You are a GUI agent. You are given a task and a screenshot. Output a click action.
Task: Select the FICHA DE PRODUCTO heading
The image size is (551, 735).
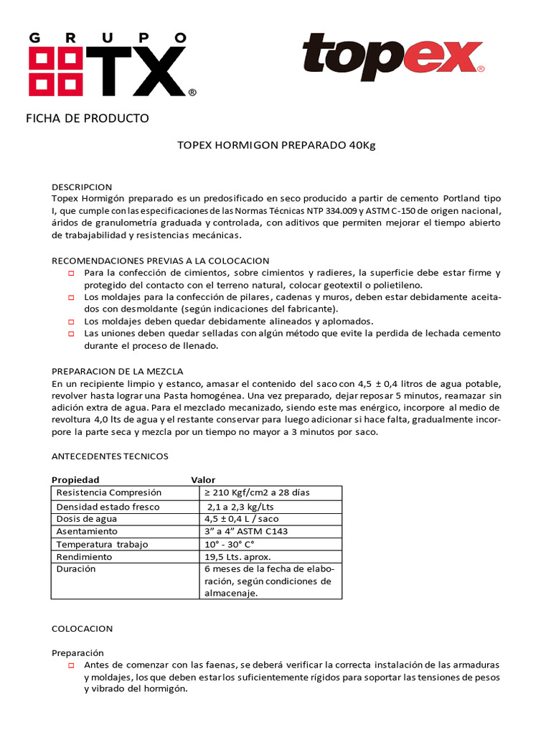click(x=88, y=118)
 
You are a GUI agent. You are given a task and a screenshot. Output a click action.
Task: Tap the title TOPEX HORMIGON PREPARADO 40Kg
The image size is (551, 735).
click(x=276, y=145)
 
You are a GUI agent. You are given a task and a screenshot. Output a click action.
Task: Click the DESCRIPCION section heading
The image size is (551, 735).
click(x=82, y=187)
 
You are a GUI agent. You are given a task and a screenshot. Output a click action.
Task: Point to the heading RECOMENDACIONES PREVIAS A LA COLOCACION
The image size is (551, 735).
click(x=161, y=260)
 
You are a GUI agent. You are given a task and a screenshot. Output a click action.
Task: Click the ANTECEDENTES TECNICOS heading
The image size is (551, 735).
click(x=110, y=456)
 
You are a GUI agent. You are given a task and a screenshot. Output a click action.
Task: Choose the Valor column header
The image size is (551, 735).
click(x=203, y=479)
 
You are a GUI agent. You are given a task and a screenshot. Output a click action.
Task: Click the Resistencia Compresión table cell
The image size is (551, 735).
click(x=109, y=492)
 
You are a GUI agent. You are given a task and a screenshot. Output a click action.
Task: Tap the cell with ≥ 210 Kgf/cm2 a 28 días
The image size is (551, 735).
click(x=258, y=492)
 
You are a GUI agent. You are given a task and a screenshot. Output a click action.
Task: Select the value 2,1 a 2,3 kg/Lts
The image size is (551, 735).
click(x=246, y=506)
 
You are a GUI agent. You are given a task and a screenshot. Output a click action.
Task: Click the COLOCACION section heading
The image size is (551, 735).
click(x=83, y=628)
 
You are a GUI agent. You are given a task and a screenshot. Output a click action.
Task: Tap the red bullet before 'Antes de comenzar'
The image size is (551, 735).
click(x=71, y=665)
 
